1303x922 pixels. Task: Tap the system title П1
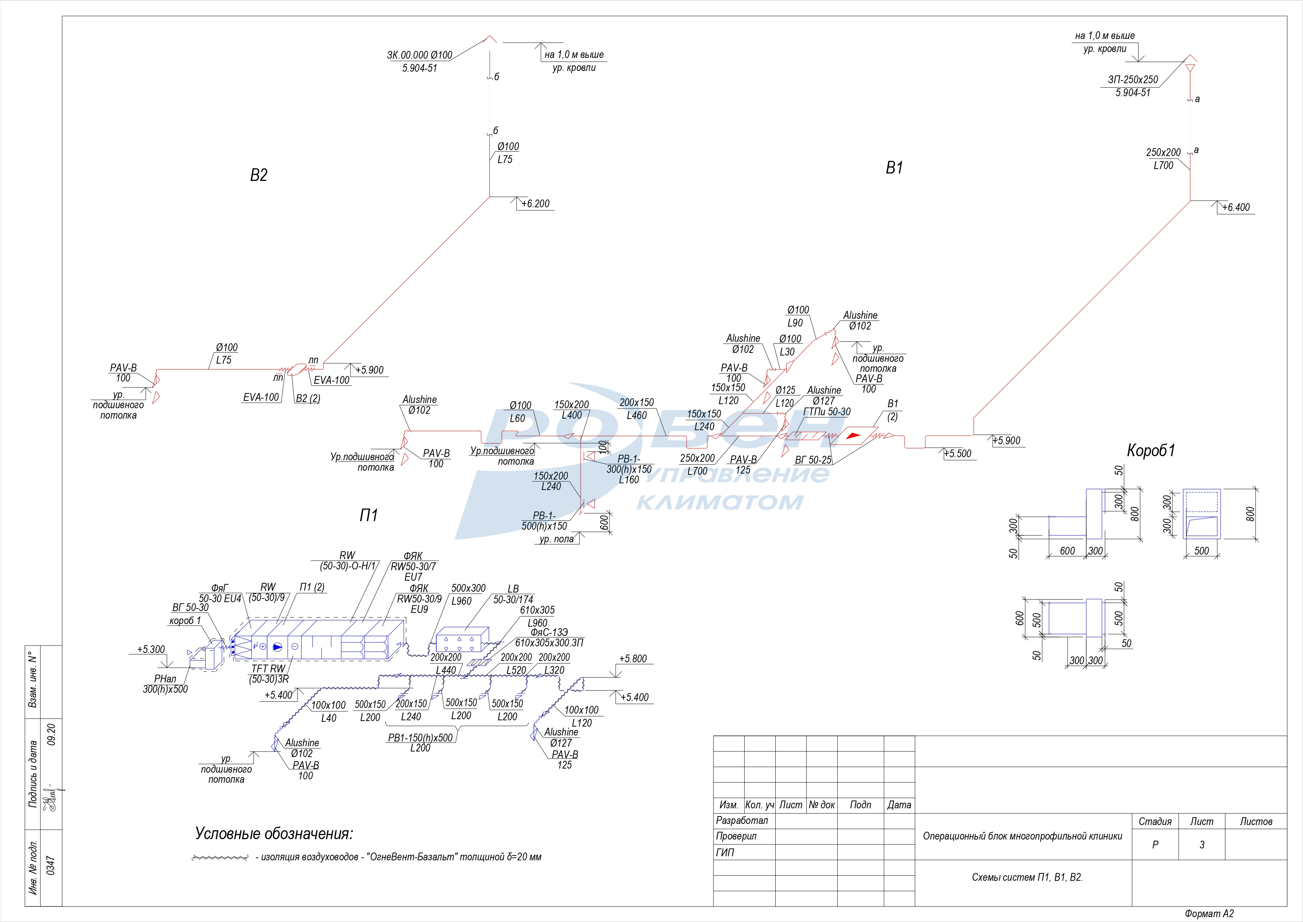pyautogui.click(x=368, y=515)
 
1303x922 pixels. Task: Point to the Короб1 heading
pyautogui.click(x=1151, y=450)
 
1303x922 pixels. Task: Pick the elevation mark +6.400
pyautogui.click(x=1236, y=208)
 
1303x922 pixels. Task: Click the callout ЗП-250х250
pyautogui.click(x=1133, y=80)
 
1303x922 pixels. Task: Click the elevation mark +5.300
pyautogui.click(x=151, y=649)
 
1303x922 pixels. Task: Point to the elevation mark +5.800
pyautogui.click(x=633, y=659)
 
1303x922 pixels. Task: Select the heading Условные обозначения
pyautogui.click(x=274, y=834)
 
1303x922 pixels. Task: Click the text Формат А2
pyautogui.click(x=1209, y=913)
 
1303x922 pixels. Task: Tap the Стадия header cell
pyautogui.click(x=1155, y=821)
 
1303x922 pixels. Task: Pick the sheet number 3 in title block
pyautogui.click(x=1201, y=845)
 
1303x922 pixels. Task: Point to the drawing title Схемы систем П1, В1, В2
pyautogui.click(x=1027, y=877)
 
